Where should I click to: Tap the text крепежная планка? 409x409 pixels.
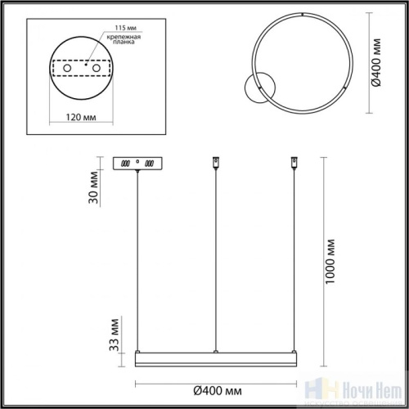119,42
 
